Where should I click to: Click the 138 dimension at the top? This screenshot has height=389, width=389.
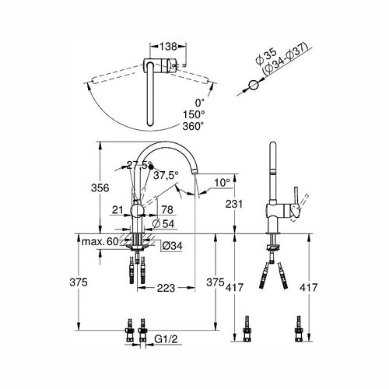[x=168, y=47]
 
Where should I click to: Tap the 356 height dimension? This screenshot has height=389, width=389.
[x=100, y=187]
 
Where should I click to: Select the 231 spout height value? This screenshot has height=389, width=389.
[x=234, y=204]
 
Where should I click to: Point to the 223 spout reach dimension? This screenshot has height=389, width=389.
[x=166, y=288]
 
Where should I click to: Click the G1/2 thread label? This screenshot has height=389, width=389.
[x=166, y=338]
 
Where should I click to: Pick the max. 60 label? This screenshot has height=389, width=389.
[x=100, y=242]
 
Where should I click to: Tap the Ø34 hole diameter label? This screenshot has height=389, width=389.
[x=173, y=246]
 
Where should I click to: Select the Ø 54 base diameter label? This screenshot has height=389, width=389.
[x=163, y=223]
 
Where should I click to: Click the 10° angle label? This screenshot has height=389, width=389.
[x=223, y=183]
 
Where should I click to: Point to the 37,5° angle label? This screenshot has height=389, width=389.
[x=166, y=175]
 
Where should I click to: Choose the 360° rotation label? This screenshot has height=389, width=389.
[x=193, y=126]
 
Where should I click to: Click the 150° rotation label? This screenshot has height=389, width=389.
[x=194, y=114]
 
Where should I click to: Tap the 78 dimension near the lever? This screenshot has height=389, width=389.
[x=167, y=209]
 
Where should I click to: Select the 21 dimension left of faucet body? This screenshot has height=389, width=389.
[x=117, y=209]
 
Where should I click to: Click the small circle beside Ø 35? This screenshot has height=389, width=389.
[x=253, y=85]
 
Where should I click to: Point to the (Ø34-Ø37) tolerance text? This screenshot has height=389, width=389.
[x=285, y=59]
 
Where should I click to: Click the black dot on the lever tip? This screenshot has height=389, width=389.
[x=151, y=166]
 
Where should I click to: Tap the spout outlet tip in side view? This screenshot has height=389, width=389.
[x=194, y=172]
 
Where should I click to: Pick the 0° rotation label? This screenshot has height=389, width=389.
[x=200, y=103]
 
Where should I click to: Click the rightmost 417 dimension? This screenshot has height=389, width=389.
[x=309, y=287]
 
